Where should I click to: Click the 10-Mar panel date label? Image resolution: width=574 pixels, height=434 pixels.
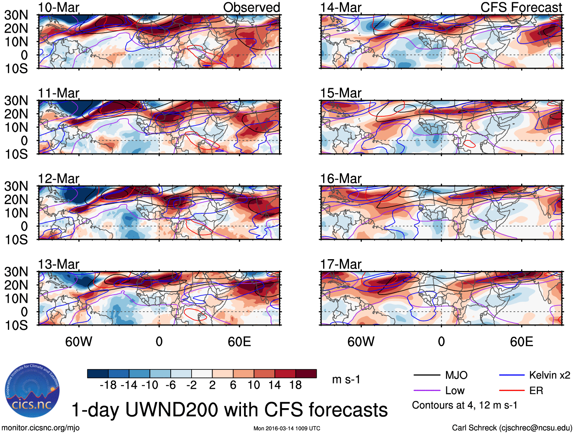pos(59,7)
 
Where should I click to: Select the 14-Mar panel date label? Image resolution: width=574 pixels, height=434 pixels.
pos(341,7)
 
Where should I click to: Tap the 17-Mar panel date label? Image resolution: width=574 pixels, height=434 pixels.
pos(341,264)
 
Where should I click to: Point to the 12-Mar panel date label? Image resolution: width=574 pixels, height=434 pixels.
pos(59,179)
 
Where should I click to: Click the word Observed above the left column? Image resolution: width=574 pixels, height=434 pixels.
pos(251,7)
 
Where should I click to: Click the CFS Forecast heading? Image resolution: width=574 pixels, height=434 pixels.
pos(521,7)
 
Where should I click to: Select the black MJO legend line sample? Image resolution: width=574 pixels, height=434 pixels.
pos(427,375)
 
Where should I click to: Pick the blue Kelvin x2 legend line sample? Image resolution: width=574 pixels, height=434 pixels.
pos(512,375)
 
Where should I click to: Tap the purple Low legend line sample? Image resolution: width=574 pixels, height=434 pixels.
pos(427,391)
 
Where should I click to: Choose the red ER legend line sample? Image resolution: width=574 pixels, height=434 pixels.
pos(512,391)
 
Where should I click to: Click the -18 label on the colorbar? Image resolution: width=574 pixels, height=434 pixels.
pos(108,385)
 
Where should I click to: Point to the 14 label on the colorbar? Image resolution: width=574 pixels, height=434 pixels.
pos(274,385)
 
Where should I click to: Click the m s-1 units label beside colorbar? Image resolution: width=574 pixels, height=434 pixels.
pos(346,379)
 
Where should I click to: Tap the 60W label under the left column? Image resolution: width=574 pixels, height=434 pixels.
pos(79,342)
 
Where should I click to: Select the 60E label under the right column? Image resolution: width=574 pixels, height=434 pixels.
pos(521,342)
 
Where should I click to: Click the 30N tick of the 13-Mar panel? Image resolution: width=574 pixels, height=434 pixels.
pos(16,272)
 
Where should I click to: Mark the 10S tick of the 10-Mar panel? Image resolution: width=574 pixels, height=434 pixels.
pos(16,69)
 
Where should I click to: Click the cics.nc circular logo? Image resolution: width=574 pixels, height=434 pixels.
pos(32,391)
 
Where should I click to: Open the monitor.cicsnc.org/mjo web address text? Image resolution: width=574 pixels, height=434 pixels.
pos(41,428)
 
